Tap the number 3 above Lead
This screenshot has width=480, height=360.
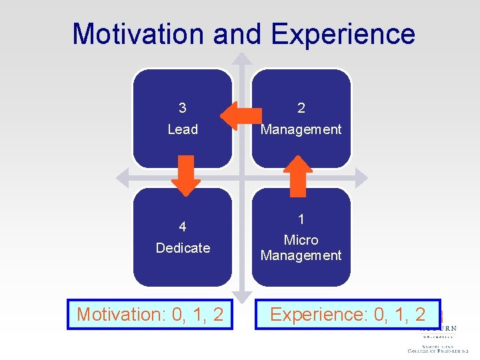point(183,108)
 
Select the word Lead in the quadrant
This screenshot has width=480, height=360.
point(183,129)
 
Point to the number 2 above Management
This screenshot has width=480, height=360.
point(301,108)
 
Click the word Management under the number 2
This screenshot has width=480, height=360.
point(301,129)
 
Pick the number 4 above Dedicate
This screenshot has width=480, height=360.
point(183,227)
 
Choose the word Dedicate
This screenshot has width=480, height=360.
point(183,248)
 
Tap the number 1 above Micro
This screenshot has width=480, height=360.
point(301,219)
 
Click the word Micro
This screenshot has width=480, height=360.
point(301,240)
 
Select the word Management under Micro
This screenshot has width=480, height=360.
point(301,255)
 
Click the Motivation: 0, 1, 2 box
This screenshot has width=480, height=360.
point(150,314)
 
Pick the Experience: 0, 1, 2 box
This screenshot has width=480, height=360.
point(348,314)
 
